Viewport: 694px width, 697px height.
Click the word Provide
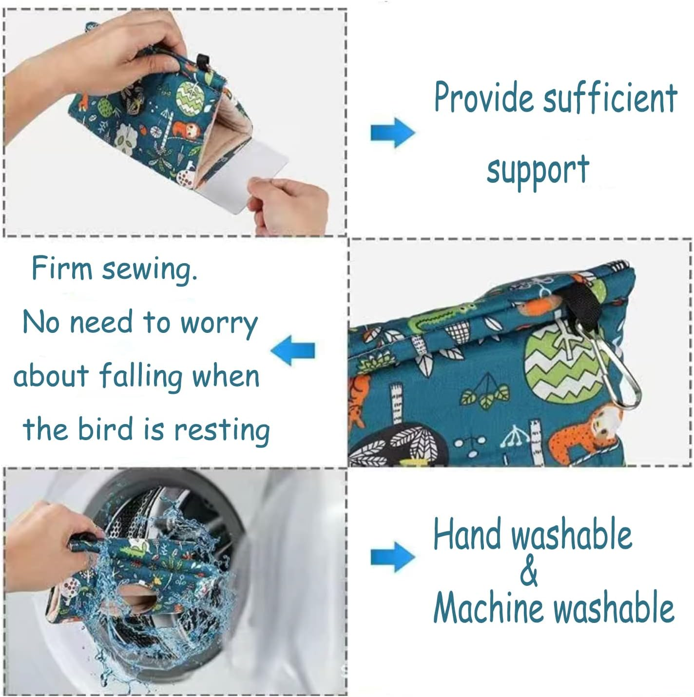tap(485, 97)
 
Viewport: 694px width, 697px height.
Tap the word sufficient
tap(610, 97)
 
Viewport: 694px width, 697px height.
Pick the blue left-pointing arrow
tap(293, 350)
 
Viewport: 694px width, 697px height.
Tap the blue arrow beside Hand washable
tap(392, 556)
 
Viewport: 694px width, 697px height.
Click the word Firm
tap(61, 268)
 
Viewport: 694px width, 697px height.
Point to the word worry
tap(219, 323)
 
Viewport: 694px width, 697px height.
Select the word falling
tap(141, 377)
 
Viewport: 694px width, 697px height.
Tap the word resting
tap(222, 431)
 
